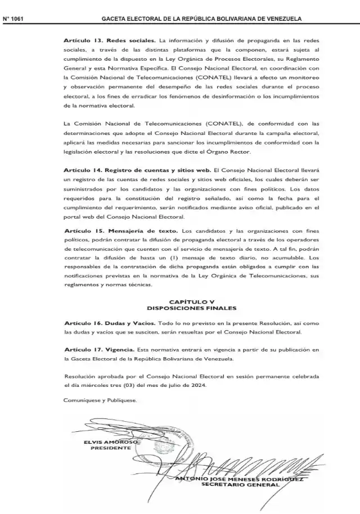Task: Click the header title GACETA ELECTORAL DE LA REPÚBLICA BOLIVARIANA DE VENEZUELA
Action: (x=201, y=19)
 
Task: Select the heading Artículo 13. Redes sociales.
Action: (x=110, y=41)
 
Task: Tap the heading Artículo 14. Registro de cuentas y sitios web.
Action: (x=137, y=169)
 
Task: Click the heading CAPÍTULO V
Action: (x=191, y=302)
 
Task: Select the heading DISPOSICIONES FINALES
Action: (x=191, y=308)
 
